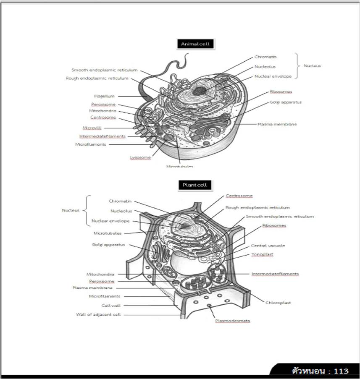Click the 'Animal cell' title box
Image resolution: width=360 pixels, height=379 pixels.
[x=195, y=44]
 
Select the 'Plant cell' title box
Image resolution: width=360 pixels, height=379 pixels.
[x=195, y=185]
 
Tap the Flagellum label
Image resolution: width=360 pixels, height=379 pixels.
[x=104, y=96]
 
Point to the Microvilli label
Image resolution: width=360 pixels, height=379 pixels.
[x=92, y=128]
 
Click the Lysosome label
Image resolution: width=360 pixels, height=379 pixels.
[x=140, y=157]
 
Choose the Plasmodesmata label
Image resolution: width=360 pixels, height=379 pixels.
[x=233, y=321]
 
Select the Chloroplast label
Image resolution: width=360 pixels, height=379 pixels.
[x=278, y=303]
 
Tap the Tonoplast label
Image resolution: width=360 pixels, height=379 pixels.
[x=262, y=254]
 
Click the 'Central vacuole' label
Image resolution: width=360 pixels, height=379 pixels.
[x=268, y=246]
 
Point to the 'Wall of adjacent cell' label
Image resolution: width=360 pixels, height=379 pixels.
[x=98, y=314]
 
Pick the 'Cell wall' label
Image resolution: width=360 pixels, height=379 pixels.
[x=111, y=306]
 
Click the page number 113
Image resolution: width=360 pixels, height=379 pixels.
[x=342, y=371]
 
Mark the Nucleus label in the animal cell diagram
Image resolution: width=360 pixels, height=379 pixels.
[x=312, y=66]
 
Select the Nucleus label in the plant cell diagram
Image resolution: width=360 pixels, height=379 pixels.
[x=71, y=210]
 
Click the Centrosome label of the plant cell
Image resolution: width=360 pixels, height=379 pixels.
[x=239, y=196]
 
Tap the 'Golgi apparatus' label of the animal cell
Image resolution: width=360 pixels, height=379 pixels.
[x=286, y=102]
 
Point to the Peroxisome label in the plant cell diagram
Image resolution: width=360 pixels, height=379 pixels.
[x=102, y=281]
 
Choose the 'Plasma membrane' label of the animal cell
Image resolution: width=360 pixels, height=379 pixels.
[x=277, y=124]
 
